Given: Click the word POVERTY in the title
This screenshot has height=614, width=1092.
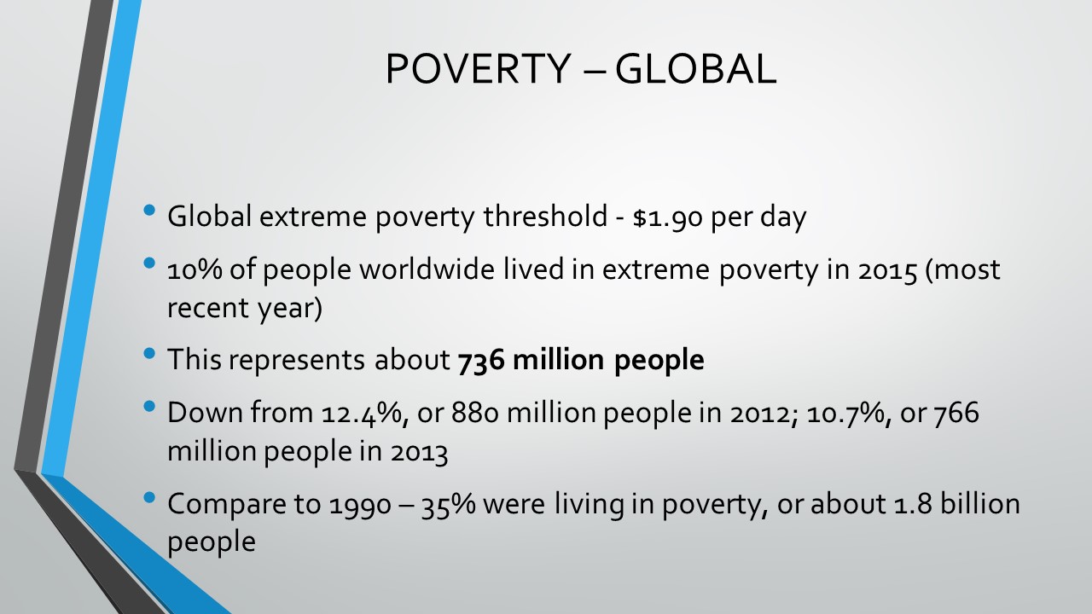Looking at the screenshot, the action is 479,69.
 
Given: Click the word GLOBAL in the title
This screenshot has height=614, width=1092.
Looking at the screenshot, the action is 695,69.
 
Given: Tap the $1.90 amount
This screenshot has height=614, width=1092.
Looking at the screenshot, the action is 667,217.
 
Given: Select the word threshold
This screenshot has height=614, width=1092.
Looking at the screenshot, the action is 545,216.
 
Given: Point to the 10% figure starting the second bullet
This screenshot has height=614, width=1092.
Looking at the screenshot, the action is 195,270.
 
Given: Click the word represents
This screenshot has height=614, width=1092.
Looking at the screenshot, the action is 296,360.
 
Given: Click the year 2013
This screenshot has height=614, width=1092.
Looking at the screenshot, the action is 419,452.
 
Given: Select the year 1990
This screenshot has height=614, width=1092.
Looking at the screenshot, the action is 360,505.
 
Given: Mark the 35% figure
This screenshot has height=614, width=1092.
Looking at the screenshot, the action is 448,505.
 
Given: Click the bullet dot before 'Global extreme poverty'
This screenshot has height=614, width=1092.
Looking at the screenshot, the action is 149,211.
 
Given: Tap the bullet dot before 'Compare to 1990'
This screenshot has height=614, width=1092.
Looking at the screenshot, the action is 149,497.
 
